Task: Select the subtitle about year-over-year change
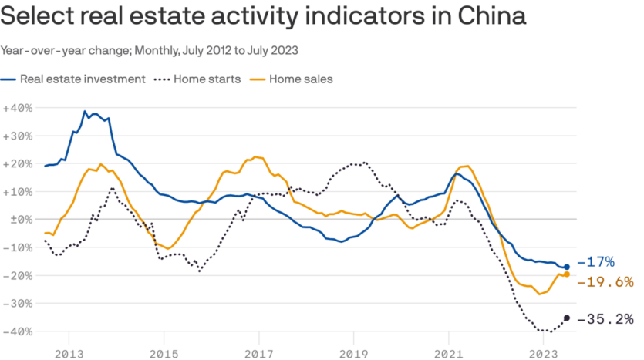coord(150,50)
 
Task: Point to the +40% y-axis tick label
coord(16,108)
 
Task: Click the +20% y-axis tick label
coord(16,163)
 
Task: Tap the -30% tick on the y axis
coord(16,303)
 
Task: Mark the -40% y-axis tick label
coord(16,331)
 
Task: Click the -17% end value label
coord(595,261)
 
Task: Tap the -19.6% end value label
coord(605,282)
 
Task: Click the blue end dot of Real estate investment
coord(567,267)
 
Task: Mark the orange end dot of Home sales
coord(567,274)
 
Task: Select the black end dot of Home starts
coord(567,318)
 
